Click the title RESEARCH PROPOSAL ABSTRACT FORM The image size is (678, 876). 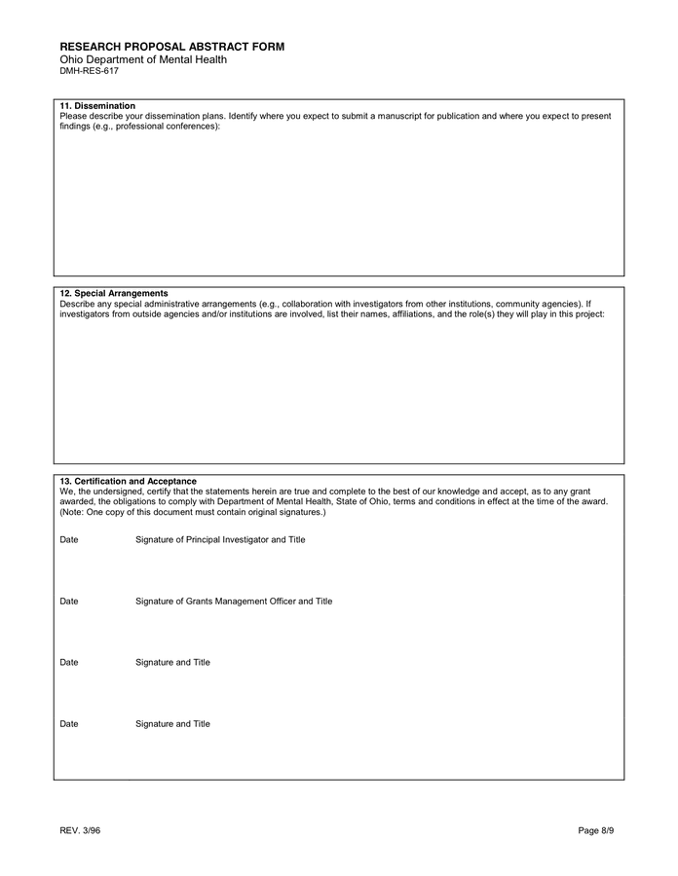coord(171,47)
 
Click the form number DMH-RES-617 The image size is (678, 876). coord(89,71)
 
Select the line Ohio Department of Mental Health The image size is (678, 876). coord(143,59)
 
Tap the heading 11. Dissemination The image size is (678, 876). coord(97,105)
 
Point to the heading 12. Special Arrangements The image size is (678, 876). coord(114,293)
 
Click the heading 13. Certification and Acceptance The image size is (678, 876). coord(128,481)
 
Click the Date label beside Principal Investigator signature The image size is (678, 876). coord(69,539)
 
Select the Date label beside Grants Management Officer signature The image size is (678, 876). coord(69,602)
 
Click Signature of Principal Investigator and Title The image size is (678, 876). coord(220,539)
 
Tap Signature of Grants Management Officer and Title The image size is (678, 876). coord(234,602)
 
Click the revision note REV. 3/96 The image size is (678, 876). coord(80,830)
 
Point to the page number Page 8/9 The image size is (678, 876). coord(596,830)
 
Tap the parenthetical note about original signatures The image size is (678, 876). coord(193,512)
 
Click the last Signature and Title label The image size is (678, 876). coord(172,724)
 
